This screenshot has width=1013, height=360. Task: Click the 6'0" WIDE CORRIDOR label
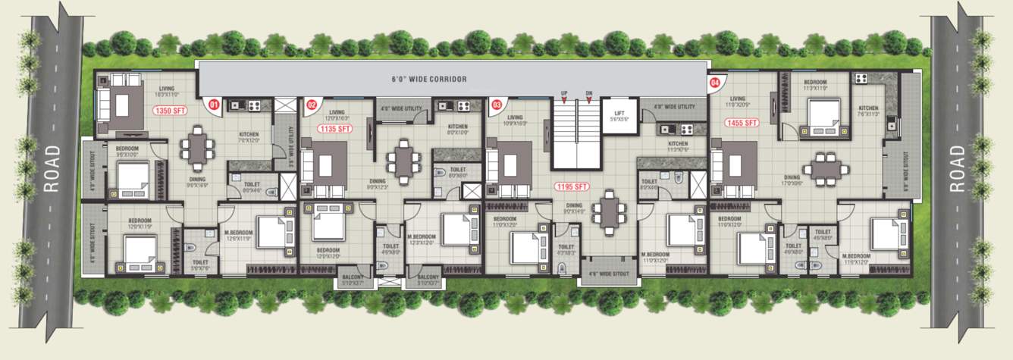[428, 79]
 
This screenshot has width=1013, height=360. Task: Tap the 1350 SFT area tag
[169, 111]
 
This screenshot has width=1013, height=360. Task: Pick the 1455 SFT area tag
[742, 122]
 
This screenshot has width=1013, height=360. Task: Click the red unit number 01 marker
[215, 105]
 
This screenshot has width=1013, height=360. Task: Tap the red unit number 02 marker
[312, 105]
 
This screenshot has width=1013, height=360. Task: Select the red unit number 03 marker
[497, 105]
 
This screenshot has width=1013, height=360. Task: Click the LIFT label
[619, 113]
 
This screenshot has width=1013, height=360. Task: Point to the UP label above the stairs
[564, 92]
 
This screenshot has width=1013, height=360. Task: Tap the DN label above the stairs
[588, 92]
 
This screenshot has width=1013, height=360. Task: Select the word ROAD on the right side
[958, 168]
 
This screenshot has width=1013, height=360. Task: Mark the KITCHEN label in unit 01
[249, 135]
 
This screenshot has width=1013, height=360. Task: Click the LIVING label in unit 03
[516, 117]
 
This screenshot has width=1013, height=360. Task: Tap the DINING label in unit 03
[574, 205]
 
